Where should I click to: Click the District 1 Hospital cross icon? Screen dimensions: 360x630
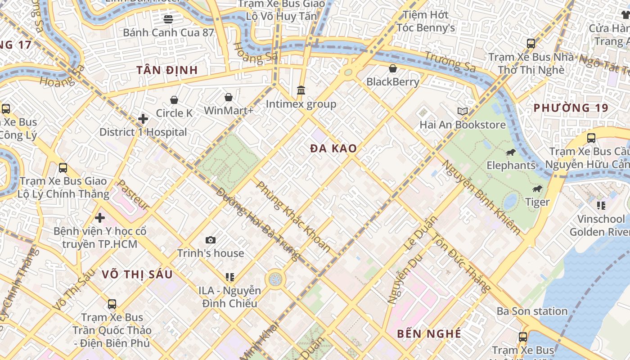143,119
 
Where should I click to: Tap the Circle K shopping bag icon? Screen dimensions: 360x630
174,100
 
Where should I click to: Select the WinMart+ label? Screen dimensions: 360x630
229,111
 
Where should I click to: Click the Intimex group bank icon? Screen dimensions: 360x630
301,90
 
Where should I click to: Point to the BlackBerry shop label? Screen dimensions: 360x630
392,82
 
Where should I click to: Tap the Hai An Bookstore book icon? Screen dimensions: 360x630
462,111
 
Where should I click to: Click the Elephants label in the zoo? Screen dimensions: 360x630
511,165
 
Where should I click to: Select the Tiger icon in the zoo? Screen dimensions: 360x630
537,189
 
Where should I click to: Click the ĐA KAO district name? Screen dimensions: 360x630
333,148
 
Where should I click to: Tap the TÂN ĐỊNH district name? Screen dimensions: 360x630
167,70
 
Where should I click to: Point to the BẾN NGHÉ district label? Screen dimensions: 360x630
429,333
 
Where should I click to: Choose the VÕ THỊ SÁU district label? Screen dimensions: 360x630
137,274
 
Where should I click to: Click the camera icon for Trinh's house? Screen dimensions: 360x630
210,240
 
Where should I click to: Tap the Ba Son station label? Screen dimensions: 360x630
532,311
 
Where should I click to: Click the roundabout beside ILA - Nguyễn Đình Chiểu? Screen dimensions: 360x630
275,279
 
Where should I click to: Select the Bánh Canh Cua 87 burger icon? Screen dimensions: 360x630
168,19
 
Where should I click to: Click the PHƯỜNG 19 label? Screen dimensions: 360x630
571,108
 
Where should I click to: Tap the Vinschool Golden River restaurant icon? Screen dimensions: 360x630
601,206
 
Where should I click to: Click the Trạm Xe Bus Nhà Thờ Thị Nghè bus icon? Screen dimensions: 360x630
531,44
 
